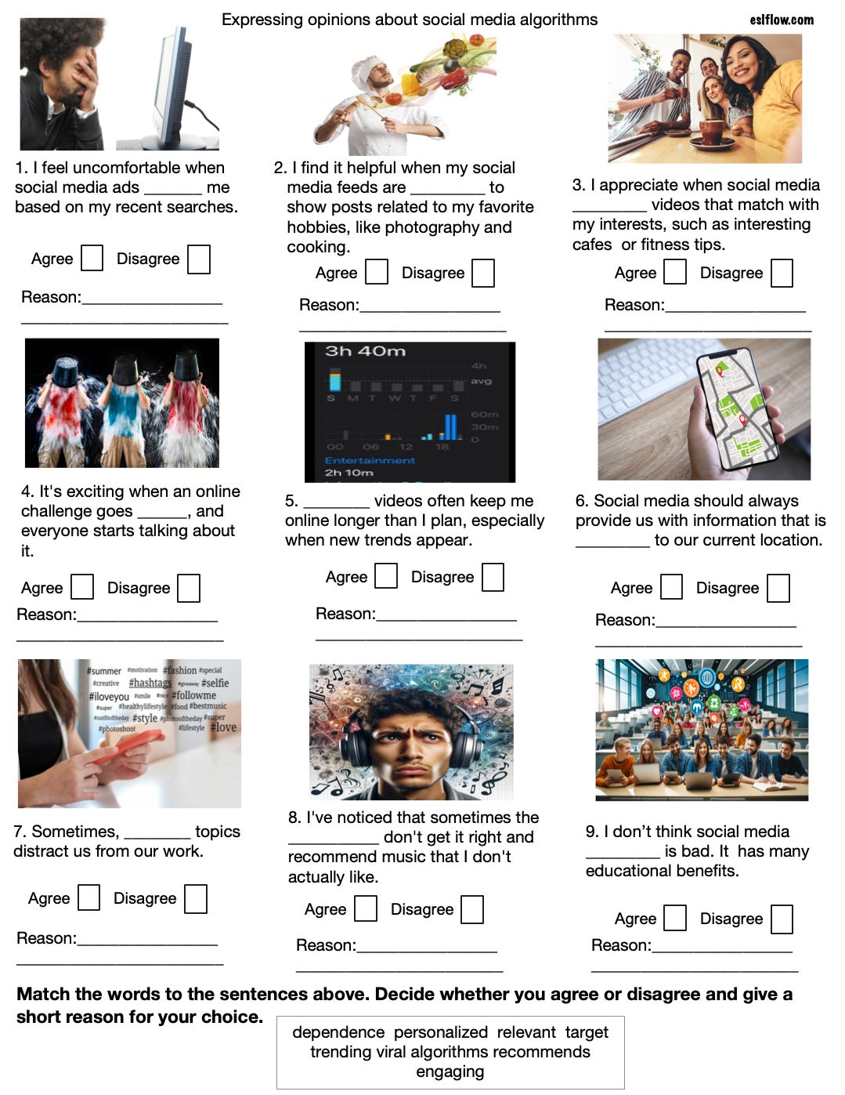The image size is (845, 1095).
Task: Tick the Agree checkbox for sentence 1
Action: coord(92,258)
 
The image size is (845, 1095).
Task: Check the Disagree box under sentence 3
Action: coord(782,273)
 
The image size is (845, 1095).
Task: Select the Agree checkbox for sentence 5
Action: coord(386,576)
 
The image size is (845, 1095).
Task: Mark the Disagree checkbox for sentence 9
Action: coord(782,919)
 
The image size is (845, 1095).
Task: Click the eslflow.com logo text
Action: coord(781,20)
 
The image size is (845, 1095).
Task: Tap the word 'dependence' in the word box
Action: coord(338,1032)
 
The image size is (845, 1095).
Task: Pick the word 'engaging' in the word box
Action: coord(450,1071)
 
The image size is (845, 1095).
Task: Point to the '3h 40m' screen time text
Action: coord(365,352)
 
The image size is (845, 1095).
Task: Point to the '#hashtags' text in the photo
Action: coord(150,683)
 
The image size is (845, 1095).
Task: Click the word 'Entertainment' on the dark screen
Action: coord(370,460)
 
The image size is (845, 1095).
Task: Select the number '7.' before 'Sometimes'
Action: coord(21,832)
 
